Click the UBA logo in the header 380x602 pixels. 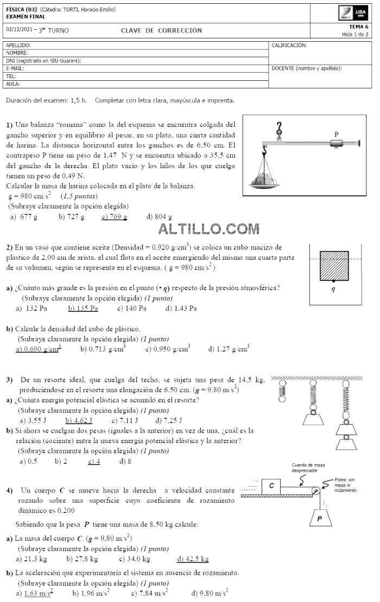click(354, 13)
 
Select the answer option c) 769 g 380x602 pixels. click(114, 217)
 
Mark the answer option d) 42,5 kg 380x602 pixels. click(193, 559)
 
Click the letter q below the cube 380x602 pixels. click(333, 290)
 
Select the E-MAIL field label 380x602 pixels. click(15, 68)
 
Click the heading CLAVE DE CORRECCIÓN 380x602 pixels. click(161, 30)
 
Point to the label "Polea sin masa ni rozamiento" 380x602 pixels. click(346, 485)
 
